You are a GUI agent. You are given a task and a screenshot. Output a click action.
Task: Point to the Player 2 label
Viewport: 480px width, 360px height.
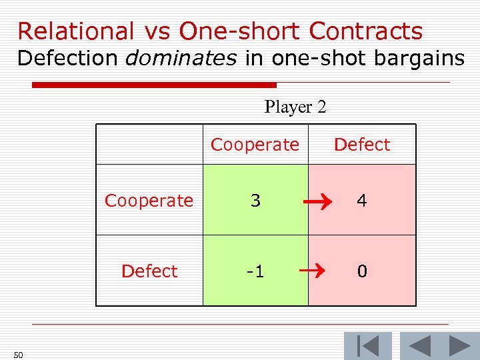click(295, 107)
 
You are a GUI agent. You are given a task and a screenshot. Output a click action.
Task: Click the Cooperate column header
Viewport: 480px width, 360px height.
click(255, 145)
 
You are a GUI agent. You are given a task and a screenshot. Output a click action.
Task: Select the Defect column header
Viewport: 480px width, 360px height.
click(362, 145)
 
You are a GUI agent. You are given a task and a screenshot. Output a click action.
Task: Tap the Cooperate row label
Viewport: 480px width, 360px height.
click(149, 201)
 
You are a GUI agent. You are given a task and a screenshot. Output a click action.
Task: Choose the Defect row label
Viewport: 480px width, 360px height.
click(149, 271)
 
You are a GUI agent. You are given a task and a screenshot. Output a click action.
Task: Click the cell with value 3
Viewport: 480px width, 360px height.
click(255, 201)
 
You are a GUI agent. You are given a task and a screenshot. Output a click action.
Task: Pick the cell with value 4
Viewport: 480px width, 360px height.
click(362, 201)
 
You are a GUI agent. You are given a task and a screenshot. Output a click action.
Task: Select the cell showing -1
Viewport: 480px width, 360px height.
click(255, 271)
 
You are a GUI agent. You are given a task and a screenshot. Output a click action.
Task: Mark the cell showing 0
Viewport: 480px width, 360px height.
click(362, 271)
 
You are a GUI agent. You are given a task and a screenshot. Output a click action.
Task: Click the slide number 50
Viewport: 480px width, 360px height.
click(18, 355)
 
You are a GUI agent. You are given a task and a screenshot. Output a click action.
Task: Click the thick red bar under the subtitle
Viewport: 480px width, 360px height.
click(154, 85)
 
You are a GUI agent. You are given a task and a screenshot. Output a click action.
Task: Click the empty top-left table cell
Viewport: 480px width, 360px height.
click(149, 145)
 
